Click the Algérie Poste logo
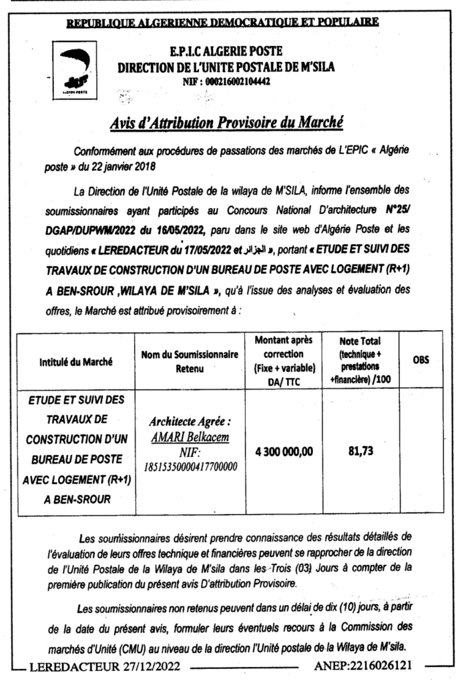click(x=72, y=67)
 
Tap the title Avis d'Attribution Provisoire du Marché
click(x=226, y=123)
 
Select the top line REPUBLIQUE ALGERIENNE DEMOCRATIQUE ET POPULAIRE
click(x=223, y=22)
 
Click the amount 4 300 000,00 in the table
click(x=284, y=452)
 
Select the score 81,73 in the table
click(x=361, y=452)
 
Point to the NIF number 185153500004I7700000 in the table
click(x=190, y=466)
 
